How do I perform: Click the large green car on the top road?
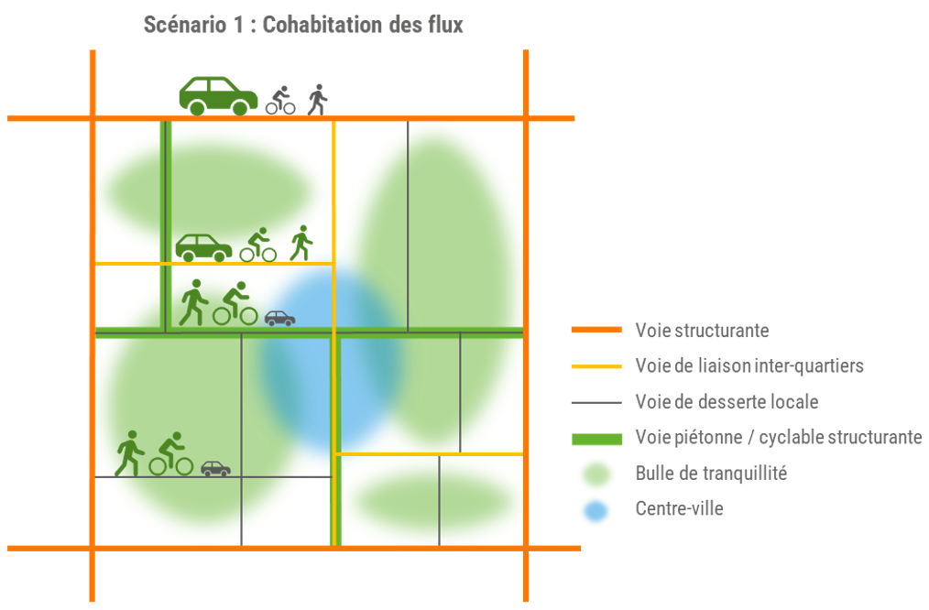[218, 95]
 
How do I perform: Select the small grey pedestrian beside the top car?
[317, 99]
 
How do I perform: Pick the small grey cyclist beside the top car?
[280, 100]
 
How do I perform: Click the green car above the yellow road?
[203, 246]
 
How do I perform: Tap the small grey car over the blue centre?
[279, 318]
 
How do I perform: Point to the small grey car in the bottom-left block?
[215, 468]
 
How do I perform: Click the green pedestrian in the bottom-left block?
[129, 453]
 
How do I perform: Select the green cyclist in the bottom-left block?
[171, 454]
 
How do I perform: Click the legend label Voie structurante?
[702, 330]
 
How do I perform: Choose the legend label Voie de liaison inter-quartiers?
[749, 365]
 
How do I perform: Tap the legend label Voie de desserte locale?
[727, 401]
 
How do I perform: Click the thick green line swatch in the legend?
[596, 438]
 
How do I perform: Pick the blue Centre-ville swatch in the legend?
[596, 509]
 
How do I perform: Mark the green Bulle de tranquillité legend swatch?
[596, 474]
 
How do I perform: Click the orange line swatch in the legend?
[596, 330]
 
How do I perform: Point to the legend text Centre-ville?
[679, 508]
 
